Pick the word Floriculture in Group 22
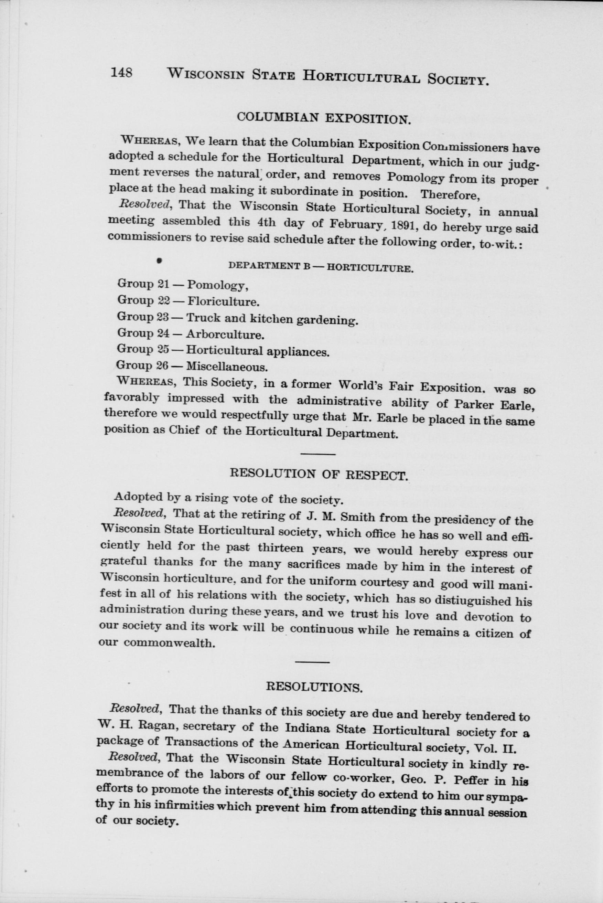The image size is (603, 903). (222, 302)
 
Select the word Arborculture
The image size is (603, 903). (225, 334)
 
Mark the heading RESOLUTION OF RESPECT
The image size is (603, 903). (318, 475)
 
